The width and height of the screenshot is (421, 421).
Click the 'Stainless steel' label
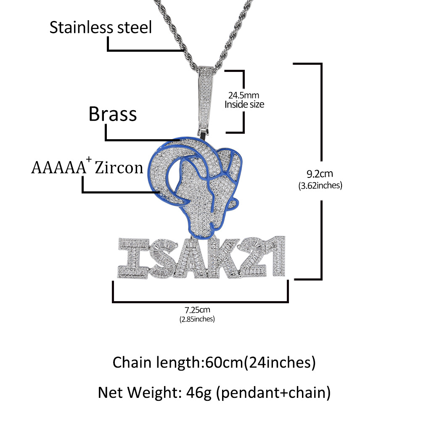[x=101, y=28]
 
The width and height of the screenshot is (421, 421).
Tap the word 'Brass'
[x=113, y=114]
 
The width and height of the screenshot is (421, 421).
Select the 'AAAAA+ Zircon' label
[x=87, y=168]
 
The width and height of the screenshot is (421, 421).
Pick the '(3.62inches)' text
[x=321, y=185]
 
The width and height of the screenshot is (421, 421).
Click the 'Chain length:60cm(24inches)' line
[x=214, y=362]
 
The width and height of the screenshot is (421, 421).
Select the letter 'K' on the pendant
[x=222, y=257]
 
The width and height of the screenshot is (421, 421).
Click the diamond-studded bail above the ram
[x=205, y=97]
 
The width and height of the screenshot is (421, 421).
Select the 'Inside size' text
[x=244, y=104]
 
